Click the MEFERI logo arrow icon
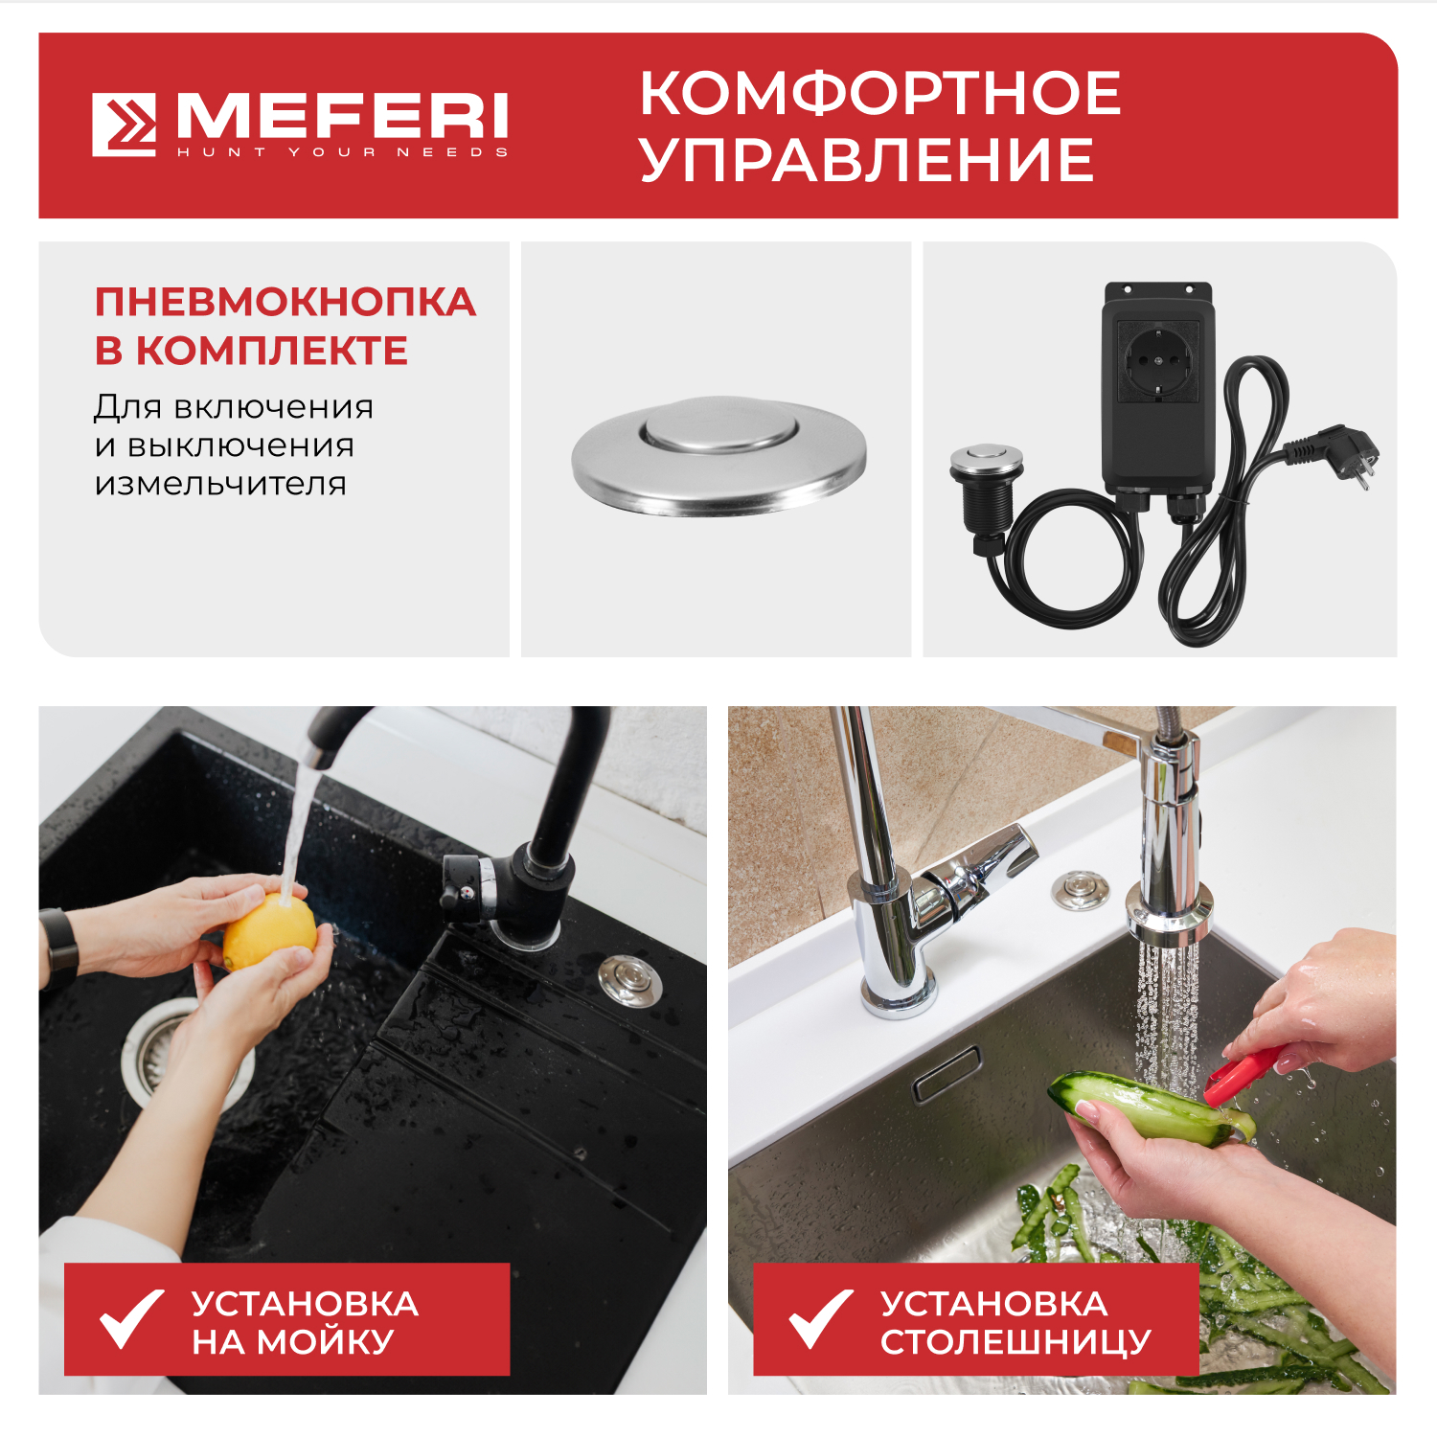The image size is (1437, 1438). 125,125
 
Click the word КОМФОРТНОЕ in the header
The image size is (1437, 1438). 879,94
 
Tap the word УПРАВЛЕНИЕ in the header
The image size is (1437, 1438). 867,160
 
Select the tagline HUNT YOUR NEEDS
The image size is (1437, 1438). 342,152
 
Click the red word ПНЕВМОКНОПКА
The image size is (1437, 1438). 285,303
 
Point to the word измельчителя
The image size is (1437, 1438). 220,484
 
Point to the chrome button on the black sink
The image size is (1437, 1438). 629,979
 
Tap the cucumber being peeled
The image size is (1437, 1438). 1145,1107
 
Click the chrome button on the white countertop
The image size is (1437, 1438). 1080,890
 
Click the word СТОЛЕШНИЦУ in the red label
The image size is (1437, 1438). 1015,1342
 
